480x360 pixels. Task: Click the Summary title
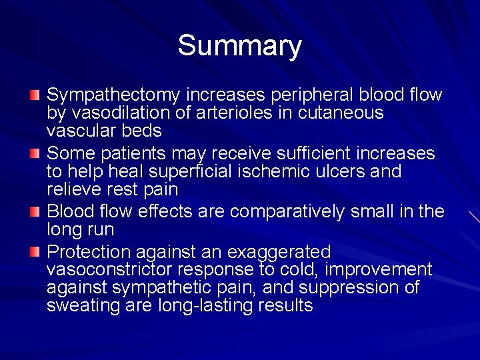[239, 46]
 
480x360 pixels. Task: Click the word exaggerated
[279, 252]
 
